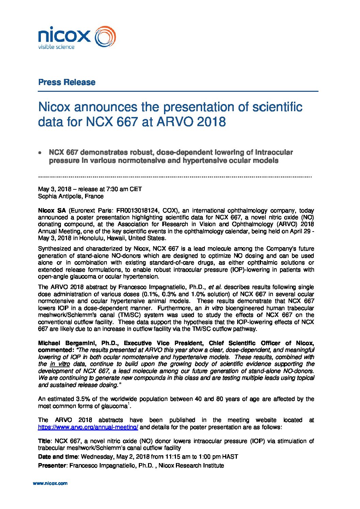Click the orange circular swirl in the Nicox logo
coord(105,37)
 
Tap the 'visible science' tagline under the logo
coord(56,47)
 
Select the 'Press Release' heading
coord(67,82)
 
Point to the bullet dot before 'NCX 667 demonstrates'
coord(40,153)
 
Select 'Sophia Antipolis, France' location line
coord(71,196)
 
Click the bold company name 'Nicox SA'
coord(52,210)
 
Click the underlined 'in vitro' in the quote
coord(60,364)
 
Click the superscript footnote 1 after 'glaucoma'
coord(129,404)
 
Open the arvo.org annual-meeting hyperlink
coord(88,427)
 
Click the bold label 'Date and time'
coord(58,457)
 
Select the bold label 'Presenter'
coord(52,465)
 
